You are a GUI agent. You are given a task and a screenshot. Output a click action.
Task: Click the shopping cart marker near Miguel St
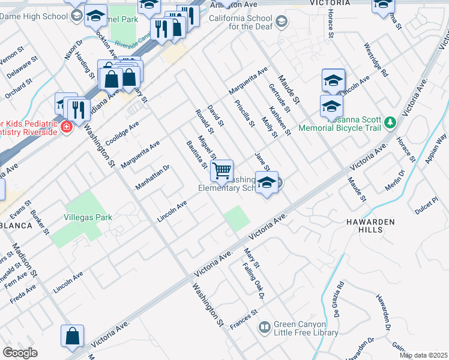[222, 171]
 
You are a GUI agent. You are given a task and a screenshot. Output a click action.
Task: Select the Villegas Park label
[88, 217]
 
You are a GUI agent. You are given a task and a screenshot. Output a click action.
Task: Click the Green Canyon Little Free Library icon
[264, 327]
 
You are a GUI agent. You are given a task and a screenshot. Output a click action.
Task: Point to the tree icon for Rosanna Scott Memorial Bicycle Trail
[391, 122]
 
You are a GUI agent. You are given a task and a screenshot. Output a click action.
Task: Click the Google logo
[20, 353]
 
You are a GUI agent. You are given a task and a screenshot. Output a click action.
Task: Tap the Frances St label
[243, 319]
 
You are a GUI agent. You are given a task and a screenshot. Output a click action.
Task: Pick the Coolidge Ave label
[122, 133]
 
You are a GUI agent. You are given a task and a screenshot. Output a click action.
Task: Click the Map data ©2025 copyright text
[423, 355]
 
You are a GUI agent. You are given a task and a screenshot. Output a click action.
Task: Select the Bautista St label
[196, 155]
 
